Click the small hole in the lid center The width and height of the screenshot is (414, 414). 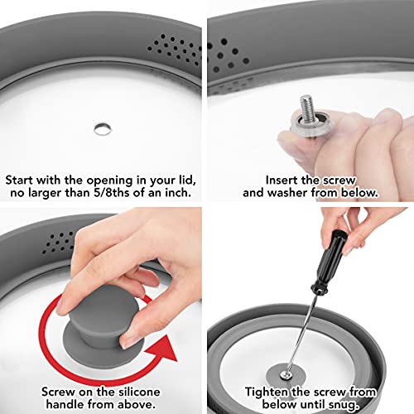pos(100,127)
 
